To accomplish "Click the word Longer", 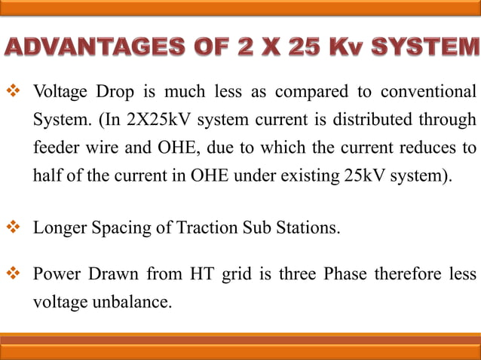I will coord(60,227).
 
